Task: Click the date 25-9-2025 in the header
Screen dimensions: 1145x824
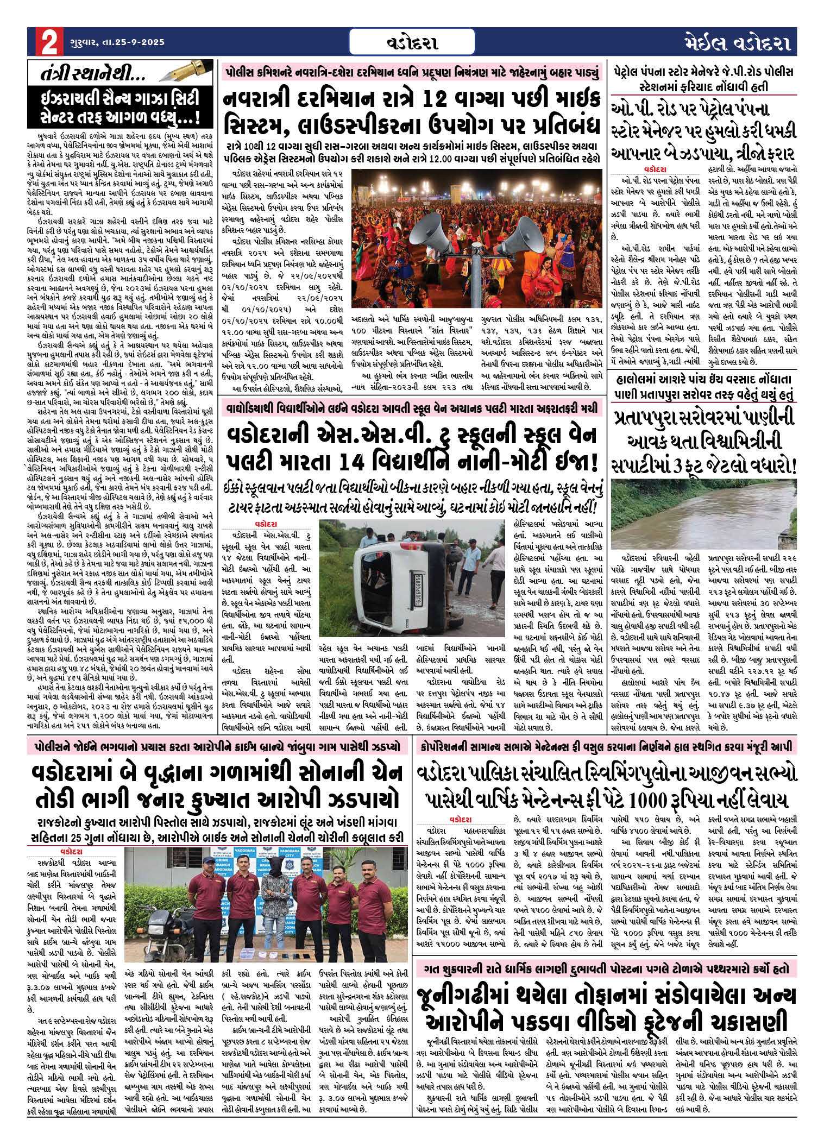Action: tap(134, 42)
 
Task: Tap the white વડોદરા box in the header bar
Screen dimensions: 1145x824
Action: tap(412, 42)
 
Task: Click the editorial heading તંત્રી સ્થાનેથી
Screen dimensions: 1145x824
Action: tap(84, 74)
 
